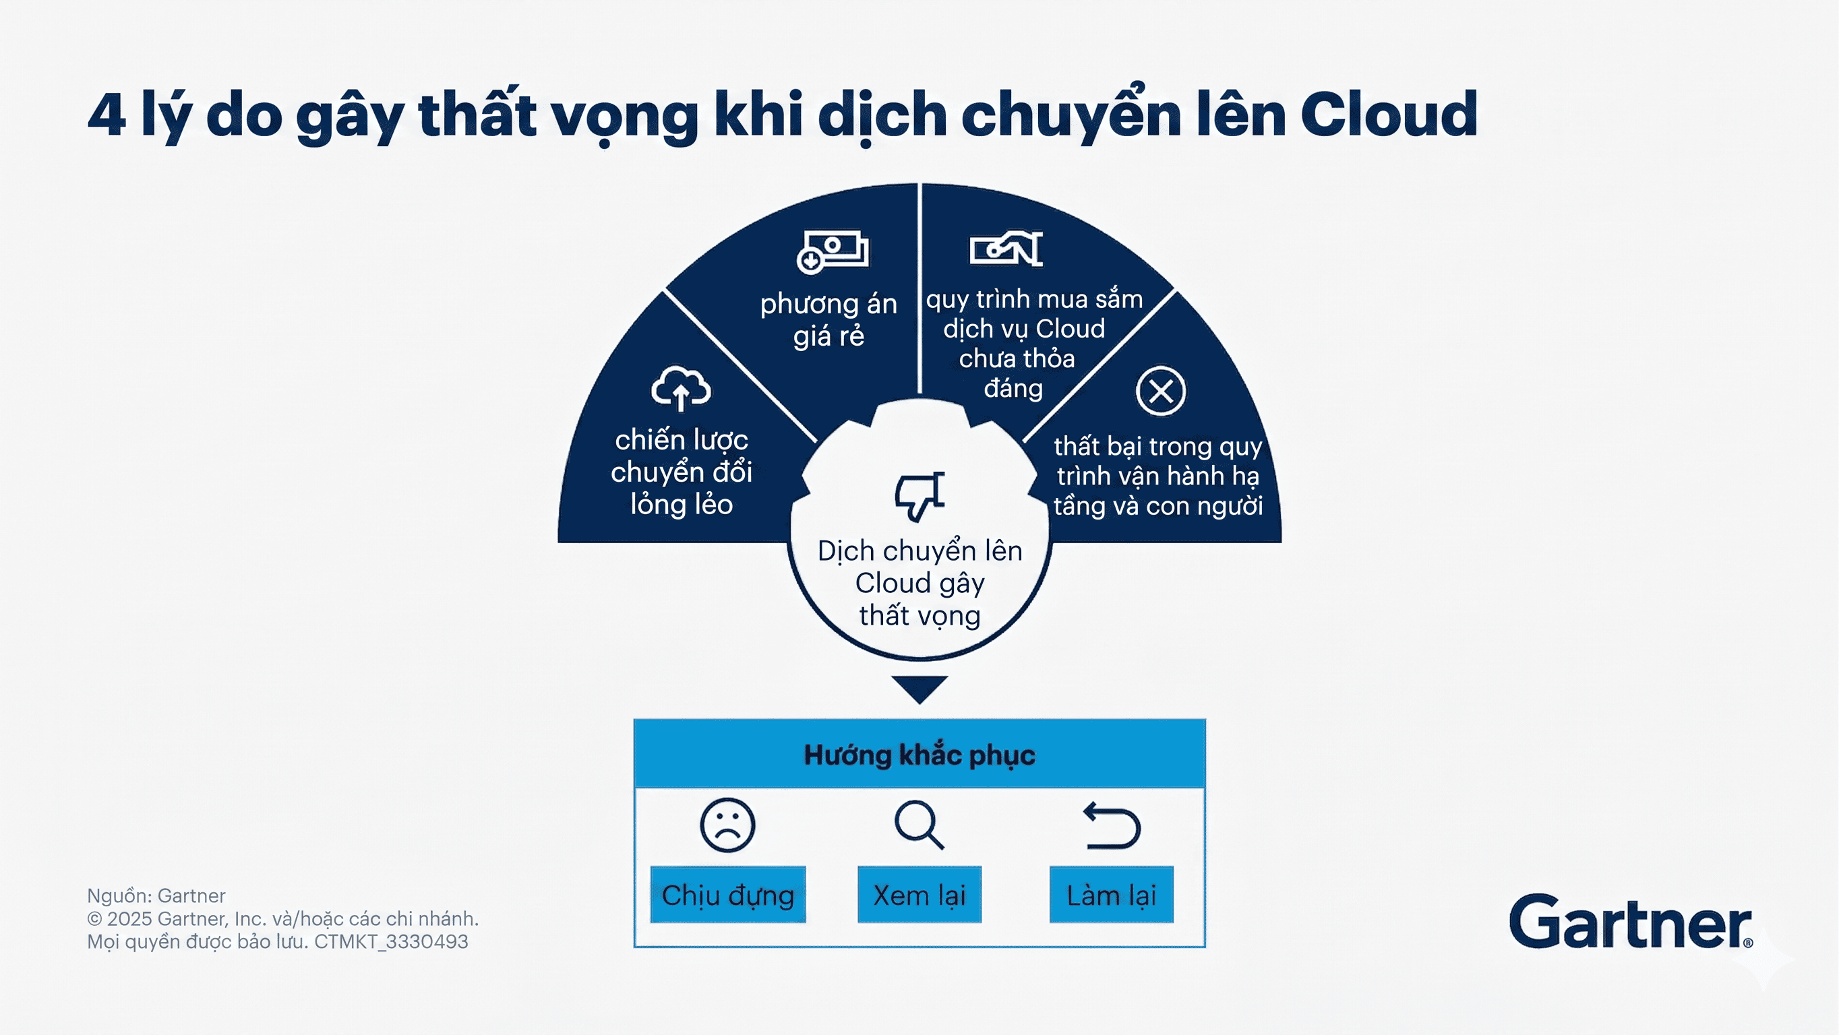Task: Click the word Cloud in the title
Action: point(1389,113)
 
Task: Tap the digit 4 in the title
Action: point(107,114)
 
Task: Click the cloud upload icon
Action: point(680,388)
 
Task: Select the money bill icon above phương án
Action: point(833,251)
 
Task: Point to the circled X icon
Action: point(1161,391)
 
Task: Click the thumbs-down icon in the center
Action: point(920,495)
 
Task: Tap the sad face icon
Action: point(727,825)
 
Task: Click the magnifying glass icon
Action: point(919,825)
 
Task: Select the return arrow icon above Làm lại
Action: point(1112,825)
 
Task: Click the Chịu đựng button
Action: point(727,894)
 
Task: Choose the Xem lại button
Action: point(919,894)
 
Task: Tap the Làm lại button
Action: point(1112,894)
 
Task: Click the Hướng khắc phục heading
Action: point(919,755)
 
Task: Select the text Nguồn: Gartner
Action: point(156,896)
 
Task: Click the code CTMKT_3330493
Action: point(391,941)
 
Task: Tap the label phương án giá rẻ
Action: point(829,320)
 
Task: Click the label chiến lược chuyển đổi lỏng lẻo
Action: point(682,472)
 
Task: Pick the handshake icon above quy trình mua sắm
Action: point(1006,249)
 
